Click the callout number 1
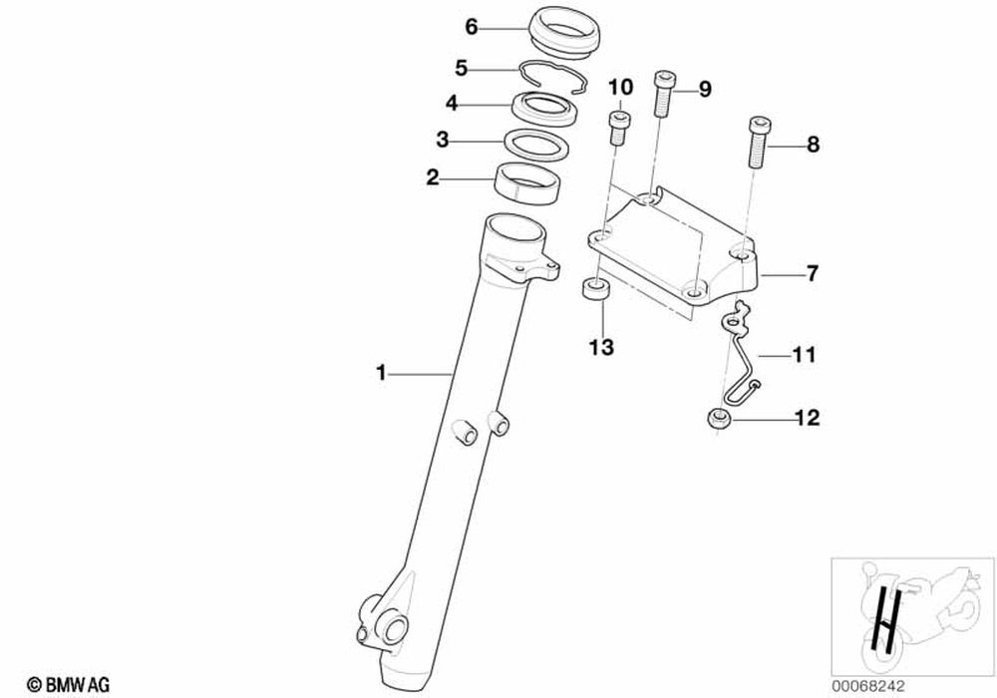coord(380,373)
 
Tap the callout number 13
coord(601,348)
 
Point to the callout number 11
coord(805,354)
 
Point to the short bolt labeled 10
coord(618,128)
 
